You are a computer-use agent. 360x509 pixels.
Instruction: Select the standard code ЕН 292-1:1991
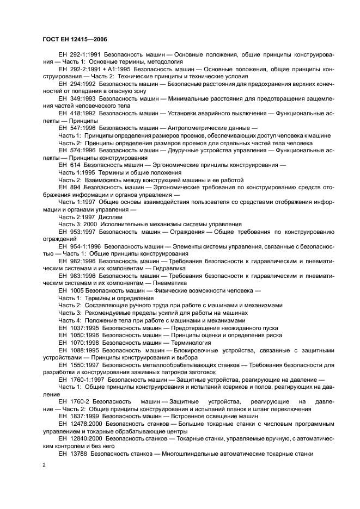[x=77, y=55]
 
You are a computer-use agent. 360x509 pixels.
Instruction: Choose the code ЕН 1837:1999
[x=77, y=415]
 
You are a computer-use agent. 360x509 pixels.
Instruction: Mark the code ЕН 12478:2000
[x=80, y=423]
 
